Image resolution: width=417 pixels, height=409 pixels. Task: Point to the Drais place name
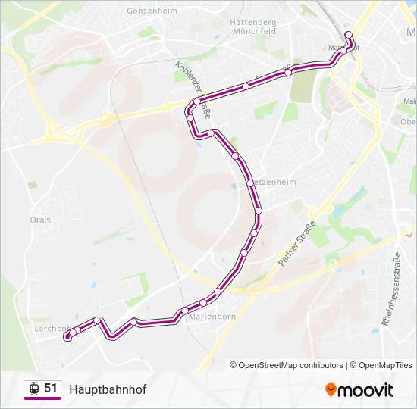click(41, 220)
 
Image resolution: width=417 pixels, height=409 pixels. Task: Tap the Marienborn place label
click(212, 316)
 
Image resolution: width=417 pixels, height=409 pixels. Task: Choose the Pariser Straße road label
click(296, 242)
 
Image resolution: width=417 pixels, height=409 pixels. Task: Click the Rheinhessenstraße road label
click(396, 292)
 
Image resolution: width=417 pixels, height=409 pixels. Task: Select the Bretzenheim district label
click(274, 183)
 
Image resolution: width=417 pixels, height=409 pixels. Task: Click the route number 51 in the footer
click(51, 388)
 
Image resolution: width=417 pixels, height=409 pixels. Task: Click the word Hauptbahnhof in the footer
click(108, 389)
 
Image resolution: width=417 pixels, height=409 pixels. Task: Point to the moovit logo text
click(366, 390)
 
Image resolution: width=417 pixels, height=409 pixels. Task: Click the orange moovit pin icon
click(331, 389)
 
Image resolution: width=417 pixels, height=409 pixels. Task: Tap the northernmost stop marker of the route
click(348, 34)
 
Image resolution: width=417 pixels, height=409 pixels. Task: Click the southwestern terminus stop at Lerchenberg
click(68, 336)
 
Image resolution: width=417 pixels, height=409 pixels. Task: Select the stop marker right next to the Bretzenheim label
click(249, 183)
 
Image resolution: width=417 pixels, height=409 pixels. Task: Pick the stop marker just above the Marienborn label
click(203, 303)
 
